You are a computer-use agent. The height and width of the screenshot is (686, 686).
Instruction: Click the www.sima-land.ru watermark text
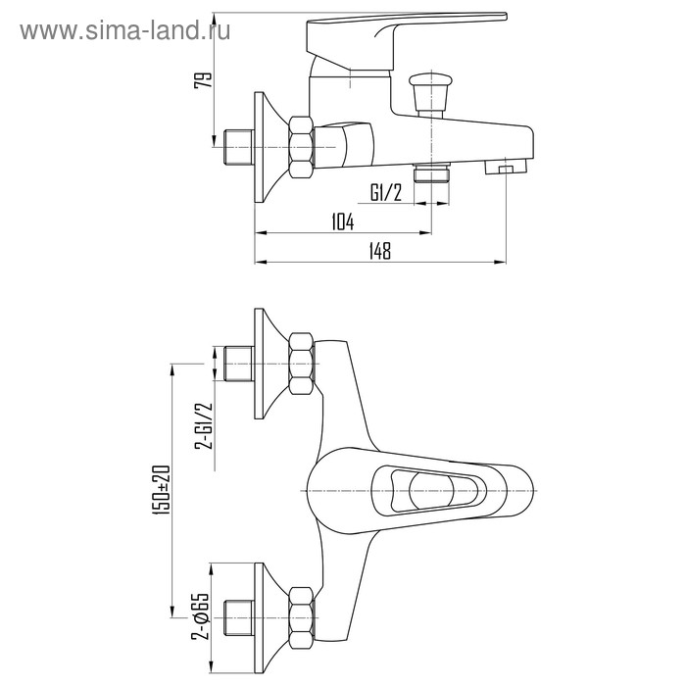pos(125,31)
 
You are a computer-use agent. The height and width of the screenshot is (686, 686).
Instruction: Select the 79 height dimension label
pos(203,80)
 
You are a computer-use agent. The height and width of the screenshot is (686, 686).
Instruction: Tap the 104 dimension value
pos(343,221)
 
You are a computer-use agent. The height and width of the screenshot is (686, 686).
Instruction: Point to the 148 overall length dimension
pos(379,251)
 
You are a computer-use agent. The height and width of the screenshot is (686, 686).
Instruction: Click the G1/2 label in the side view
pos(386,192)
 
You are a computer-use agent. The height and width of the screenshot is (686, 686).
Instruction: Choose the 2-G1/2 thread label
pos(204,425)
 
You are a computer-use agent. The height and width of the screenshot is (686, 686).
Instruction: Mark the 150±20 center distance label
pos(162,490)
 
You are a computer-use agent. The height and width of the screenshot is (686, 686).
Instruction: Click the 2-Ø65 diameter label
pos(200,616)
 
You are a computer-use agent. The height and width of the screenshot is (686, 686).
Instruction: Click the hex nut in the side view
pos(301,147)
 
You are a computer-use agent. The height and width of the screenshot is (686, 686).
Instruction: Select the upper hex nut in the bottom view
pos(302,364)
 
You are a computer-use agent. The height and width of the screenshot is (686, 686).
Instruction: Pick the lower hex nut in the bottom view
pos(302,618)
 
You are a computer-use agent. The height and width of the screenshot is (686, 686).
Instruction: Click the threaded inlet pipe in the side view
pos(238,147)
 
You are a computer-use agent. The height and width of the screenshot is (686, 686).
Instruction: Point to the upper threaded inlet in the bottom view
pos(238,364)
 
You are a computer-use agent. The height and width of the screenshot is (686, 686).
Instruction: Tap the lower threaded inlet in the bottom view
pos(238,618)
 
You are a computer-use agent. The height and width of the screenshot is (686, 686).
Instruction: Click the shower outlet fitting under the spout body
pos(432,172)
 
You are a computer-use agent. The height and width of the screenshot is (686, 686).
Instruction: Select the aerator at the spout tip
pos(506,167)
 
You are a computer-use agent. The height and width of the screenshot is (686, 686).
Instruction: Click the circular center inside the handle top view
pos(431,490)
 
